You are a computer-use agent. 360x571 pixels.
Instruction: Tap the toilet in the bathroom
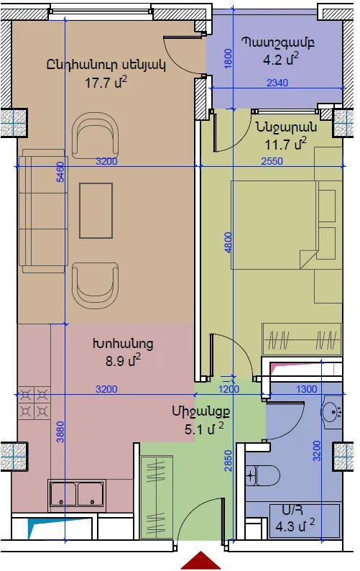click(262, 475)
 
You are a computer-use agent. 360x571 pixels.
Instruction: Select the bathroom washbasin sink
click(331, 411)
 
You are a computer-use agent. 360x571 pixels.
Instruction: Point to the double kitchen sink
click(77, 493)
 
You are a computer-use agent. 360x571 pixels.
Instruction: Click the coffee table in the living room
click(96, 211)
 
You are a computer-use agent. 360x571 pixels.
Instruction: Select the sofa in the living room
click(43, 211)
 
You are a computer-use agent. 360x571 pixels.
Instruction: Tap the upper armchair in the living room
click(96, 135)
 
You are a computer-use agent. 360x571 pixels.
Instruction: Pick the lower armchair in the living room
click(96, 285)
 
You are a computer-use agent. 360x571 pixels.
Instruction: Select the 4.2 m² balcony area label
click(281, 59)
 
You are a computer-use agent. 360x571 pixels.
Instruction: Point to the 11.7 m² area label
click(285, 144)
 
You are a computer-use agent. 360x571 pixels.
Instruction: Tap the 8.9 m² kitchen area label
click(123, 360)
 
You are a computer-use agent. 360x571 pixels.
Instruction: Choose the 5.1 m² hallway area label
click(204, 429)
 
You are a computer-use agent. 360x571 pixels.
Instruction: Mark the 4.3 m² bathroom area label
click(295, 526)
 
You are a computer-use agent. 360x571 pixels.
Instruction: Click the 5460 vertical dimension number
click(60, 172)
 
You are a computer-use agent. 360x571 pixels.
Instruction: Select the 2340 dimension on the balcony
click(277, 83)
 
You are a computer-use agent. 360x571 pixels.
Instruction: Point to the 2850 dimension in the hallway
click(228, 461)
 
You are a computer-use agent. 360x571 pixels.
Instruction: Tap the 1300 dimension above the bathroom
click(307, 389)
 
